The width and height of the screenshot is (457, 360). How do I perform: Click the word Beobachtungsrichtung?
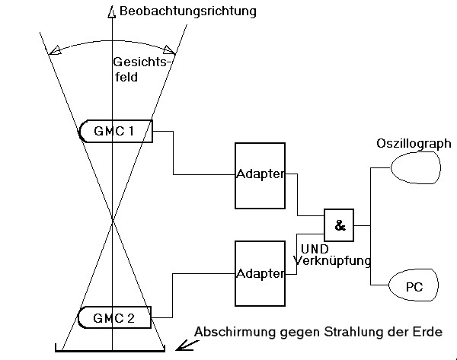point(188,11)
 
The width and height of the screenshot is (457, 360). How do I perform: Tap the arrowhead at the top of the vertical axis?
point(112,11)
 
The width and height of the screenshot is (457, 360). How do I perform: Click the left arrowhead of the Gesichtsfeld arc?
point(55,50)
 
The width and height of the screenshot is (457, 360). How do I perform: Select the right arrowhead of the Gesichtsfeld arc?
point(170,50)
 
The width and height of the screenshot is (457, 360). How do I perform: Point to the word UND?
point(315,249)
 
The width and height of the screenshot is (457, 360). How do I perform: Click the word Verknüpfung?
point(332,260)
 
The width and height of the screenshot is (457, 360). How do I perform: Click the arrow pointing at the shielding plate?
point(187,346)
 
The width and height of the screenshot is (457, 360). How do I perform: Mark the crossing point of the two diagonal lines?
point(113,219)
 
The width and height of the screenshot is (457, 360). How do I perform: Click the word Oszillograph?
point(414,144)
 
